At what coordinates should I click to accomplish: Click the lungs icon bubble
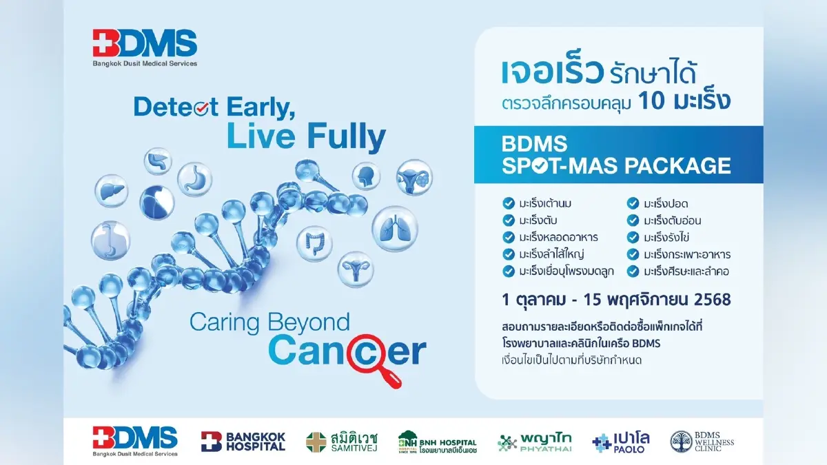pos(395,229)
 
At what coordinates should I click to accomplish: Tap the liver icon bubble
pos(112,191)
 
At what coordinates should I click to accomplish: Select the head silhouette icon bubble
pos(366,176)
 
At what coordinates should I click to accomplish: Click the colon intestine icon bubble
pos(314,244)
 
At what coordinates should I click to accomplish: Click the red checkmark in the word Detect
pos(201,108)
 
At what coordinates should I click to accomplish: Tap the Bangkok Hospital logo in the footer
pos(243,442)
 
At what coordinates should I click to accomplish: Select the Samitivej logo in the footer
pos(342,442)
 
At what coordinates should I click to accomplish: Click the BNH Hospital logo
pos(438,442)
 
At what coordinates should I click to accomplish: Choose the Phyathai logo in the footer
pos(535,442)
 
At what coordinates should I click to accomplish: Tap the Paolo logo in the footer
pos(621,442)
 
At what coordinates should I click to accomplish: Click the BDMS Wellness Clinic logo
pos(702,442)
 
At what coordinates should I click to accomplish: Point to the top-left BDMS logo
pos(145,48)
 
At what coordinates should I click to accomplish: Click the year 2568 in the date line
pos(712,300)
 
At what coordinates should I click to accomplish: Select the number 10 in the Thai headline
pos(651,101)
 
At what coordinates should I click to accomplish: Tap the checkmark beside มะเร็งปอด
pos(633,203)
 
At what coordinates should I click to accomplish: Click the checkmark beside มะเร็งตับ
pos(509,220)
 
